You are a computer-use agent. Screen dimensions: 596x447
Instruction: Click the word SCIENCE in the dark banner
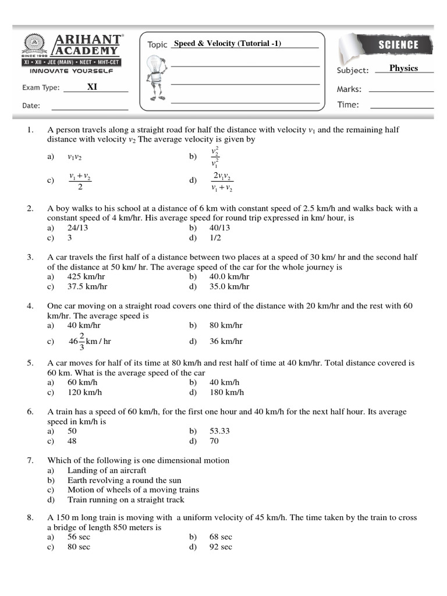[x=398, y=45]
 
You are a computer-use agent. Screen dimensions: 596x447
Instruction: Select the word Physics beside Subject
[x=403, y=68]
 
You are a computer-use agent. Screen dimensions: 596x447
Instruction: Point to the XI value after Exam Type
[x=92, y=87]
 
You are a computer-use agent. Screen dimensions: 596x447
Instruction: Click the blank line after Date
[x=90, y=109]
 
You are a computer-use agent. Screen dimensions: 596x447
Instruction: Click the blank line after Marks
[x=401, y=91]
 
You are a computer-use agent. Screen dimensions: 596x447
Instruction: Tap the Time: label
[x=348, y=105]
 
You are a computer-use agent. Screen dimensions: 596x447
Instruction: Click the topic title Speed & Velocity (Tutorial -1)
[x=228, y=44]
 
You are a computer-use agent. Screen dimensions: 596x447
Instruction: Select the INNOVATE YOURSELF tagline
[x=72, y=71]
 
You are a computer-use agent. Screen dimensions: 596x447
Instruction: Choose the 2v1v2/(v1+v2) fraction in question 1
[x=222, y=182]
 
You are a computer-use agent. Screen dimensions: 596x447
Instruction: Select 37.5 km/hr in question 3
[x=87, y=286]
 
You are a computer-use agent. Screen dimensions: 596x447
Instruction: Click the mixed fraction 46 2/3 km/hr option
[x=89, y=341]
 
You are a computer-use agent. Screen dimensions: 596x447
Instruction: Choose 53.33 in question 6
[x=219, y=431]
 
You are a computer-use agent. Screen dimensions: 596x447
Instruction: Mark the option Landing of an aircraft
[x=107, y=470]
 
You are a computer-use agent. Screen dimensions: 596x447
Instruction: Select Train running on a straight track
[x=126, y=499]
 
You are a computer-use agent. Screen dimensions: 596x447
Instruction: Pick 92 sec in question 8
[x=221, y=547]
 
